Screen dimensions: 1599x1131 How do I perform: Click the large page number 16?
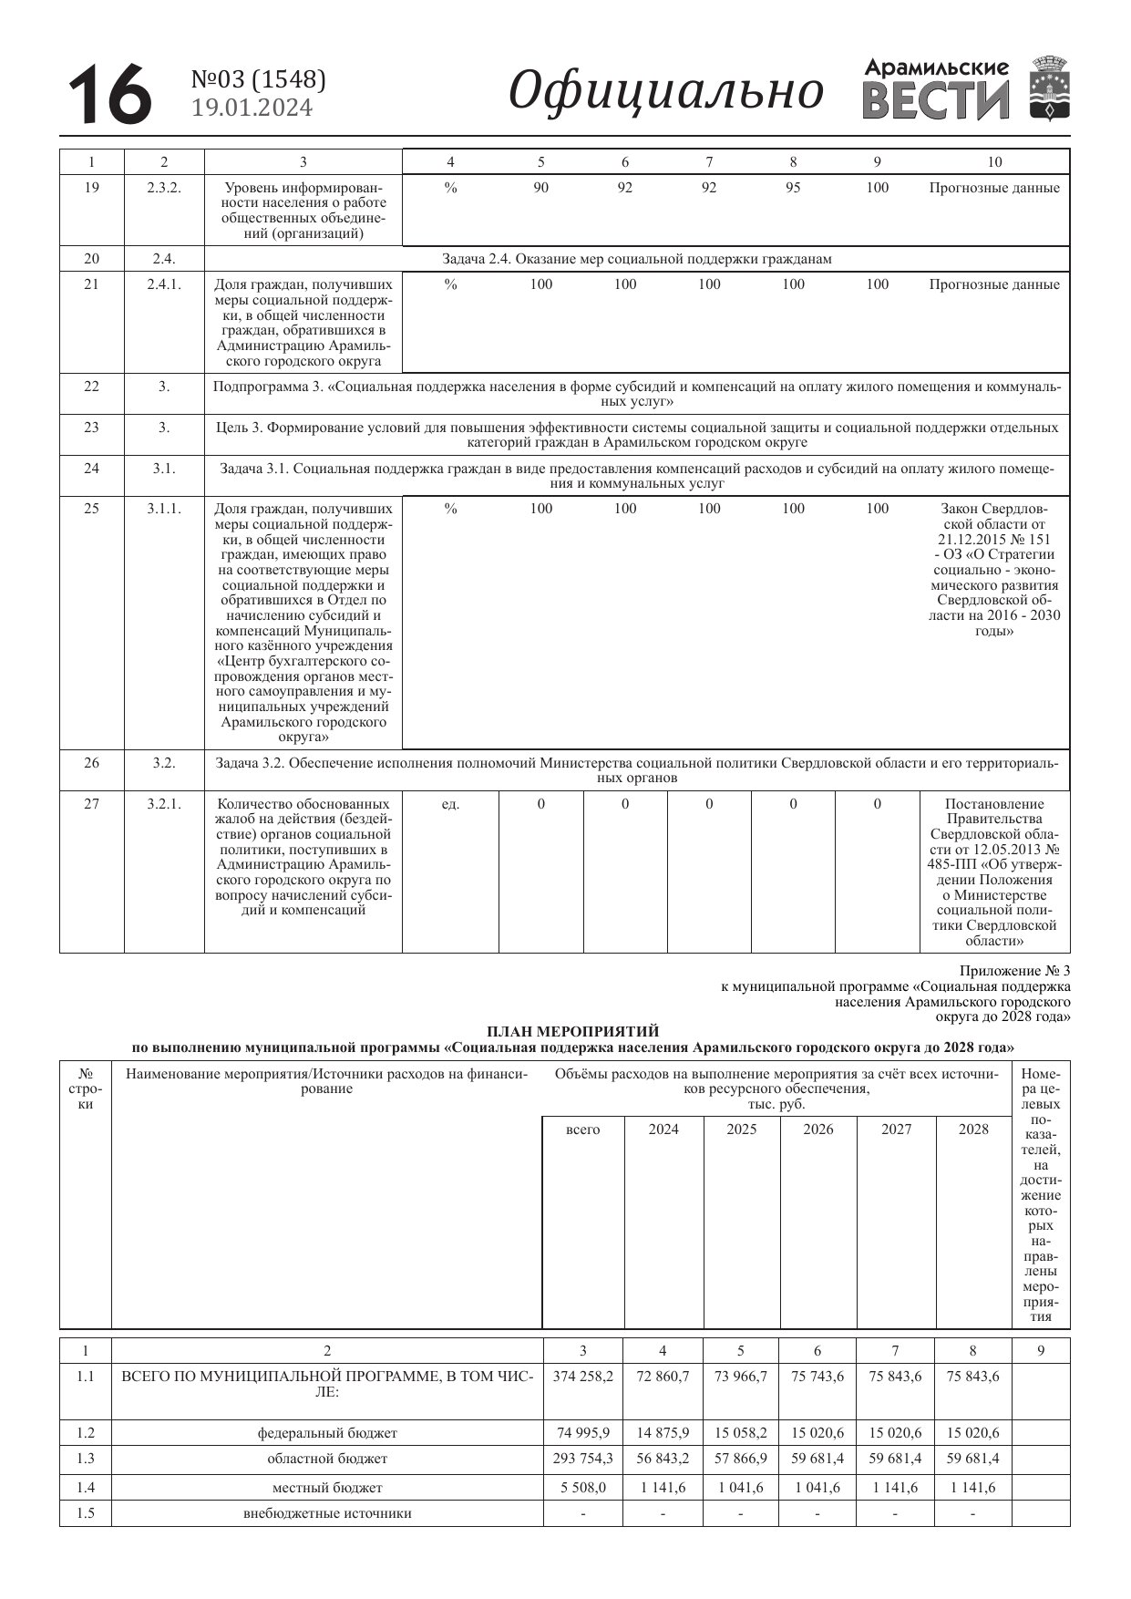click(x=109, y=93)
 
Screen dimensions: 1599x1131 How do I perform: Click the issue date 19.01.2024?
click(x=252, y=108)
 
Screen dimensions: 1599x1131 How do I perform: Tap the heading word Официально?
click(x=665, y=92)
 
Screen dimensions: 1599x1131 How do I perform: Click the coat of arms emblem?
click(x=1050, y=88)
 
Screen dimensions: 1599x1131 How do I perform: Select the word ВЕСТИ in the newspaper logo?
click(x=935, y=101)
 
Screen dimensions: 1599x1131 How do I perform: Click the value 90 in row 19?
click(x=540, y=188)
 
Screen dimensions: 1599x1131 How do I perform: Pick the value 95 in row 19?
click(x=793, y=188)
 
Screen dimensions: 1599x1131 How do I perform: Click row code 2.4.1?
click(x=164, y=284)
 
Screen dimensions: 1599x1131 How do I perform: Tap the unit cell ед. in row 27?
click(x=450, y=804)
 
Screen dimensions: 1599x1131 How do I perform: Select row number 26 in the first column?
click(x=91, y=763)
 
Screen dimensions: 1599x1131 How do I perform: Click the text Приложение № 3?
click(x=1014, y=971)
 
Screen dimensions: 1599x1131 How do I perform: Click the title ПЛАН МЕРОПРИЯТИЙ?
click(x=572, y=1032)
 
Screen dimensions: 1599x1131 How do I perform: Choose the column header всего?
click(x=583, y=1130)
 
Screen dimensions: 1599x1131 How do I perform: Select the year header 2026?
click(x=817, y=1130)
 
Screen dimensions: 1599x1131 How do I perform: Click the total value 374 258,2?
click(x=583, y=1377)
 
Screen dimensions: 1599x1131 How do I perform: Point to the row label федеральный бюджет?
click(x=327, y=1433)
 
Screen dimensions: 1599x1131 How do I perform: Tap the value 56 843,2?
click(x=663, y=1459)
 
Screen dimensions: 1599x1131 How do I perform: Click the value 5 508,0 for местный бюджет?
click(x=583, y=1488)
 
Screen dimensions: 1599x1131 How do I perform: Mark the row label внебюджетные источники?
click(x=327, y=1513)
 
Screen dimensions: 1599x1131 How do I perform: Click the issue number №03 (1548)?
click(x=259, y=80)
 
